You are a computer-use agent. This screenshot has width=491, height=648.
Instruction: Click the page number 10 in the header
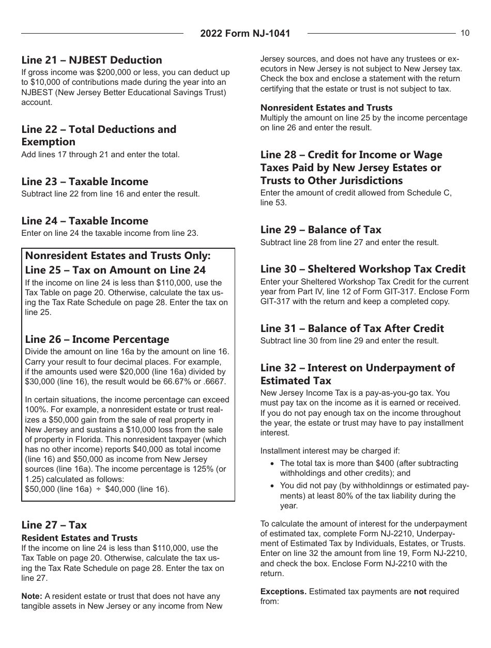(x=465, y=33)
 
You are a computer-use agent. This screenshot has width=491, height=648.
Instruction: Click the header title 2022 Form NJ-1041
(x=245, y=34)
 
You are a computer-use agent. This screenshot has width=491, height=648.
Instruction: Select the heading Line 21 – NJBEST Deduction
(x=91, y=60)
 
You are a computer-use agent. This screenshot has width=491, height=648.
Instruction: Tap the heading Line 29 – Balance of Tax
(x=321, y=230)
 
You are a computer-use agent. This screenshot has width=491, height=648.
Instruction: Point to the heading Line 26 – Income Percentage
(x=97, y=339)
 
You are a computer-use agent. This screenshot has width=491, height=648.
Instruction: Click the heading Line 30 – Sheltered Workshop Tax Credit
(x=363, y=269)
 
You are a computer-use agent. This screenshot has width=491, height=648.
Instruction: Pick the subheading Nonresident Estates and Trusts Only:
(x=118, y=256)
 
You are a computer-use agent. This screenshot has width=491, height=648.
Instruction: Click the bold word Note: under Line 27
(x=32, y=596)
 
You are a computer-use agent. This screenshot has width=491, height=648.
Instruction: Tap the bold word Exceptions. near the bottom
(x=283, y=592)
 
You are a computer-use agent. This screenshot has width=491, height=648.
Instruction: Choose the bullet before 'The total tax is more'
(x=272, y=463)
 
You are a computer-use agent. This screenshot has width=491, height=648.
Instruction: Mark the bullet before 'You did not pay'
(x=272, y=486)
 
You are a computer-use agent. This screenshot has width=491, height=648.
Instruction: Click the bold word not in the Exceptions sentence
(x=420, y=592)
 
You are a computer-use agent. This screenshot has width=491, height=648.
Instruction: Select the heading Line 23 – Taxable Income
(x=85, y=182)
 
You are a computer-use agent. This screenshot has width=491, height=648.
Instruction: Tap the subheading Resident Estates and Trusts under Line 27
(x=80, y=538)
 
